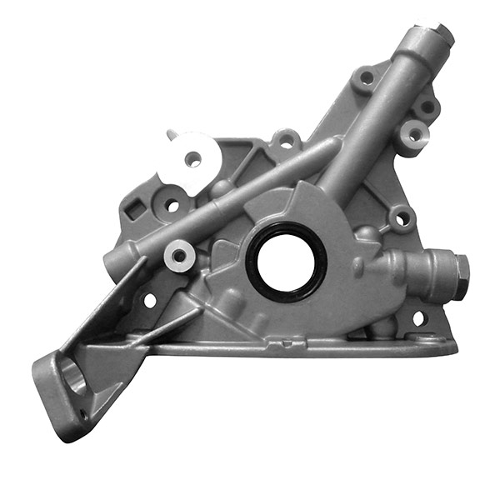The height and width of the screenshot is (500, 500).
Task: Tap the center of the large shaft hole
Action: click(286, 262)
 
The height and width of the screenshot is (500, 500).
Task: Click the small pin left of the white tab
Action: click(170, 135)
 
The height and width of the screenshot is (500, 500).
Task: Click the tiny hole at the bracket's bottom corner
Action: click(83, 412)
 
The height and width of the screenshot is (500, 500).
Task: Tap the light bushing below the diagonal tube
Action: click(177, 255)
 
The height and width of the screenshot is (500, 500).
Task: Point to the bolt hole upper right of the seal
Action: click(402, 219)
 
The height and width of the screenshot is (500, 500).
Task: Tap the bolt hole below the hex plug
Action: click(418, 317)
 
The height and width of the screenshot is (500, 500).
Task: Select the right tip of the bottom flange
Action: click(454, 344)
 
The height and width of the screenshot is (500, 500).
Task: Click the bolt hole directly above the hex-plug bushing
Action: click(427, 107)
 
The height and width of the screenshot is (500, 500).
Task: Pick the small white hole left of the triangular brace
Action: click(151, 298)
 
